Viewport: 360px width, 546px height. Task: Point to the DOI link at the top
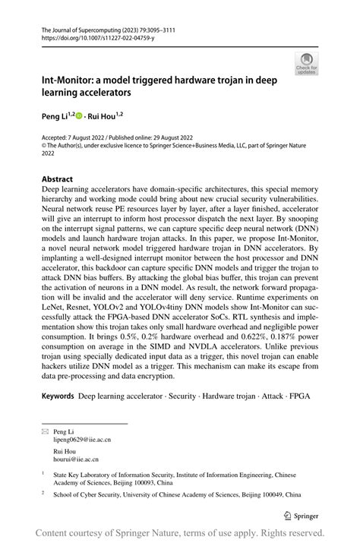(x=98, y=36)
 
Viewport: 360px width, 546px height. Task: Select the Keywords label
(x=58, y=396)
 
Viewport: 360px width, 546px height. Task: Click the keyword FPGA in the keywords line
(x=298, y=396)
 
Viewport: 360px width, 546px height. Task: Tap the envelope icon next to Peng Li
(x=46, y=431)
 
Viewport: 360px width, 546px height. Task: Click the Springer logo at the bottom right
(x=302, y=515)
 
